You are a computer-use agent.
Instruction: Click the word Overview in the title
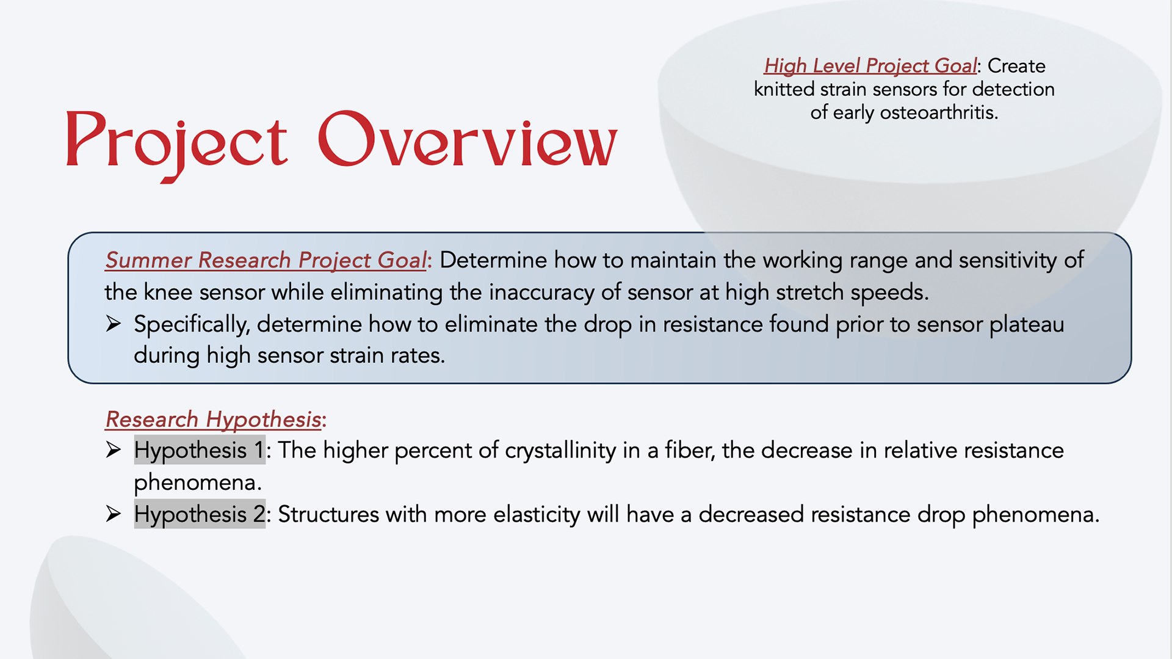click(468, 139)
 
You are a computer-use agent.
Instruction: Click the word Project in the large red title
click(176, 145)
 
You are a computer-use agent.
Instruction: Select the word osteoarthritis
click(939, 112)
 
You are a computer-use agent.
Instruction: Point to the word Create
click(1016, 66)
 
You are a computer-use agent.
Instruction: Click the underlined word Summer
click(149, 260)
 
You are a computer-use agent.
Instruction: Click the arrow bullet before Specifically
click(114, 323)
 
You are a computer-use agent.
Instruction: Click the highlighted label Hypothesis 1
click(200, 450)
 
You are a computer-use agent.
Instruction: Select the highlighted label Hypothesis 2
click(200, 514)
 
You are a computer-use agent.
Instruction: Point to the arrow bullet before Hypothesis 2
click(114, 514)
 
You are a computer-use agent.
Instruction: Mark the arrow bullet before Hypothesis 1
click(114, 450)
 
